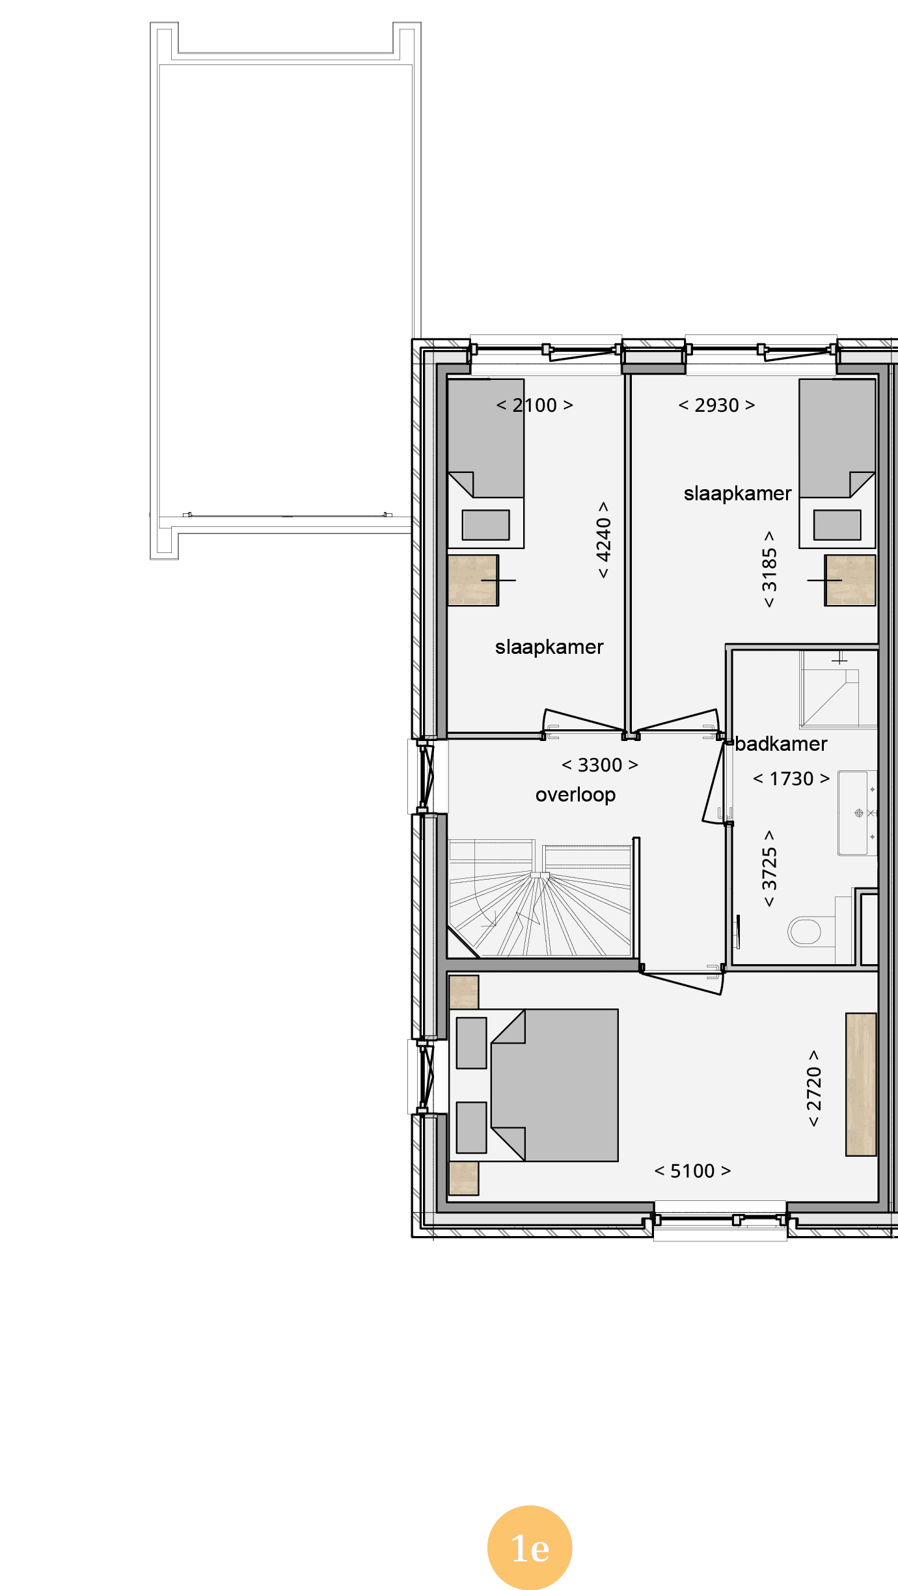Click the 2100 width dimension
[x=534, y=405]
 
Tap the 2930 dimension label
[x=716, y=405]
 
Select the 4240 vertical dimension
[x=604, y=539]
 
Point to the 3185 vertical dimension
[x=769, y=569]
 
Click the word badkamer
[x=781, y=744]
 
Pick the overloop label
[x=575, y=794]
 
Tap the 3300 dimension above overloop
[x=599, y=765]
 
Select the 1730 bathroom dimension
[x=791, y=779]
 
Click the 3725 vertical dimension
[x=769, y=869]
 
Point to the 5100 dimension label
[x=692, y=1171]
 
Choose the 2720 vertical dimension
[x=814, y=1088]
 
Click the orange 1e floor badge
[x=530, y=1548]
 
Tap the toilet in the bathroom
[x=811, y=931]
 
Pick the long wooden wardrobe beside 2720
[x=861, y=1085]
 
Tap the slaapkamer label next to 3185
[x=737, y=494]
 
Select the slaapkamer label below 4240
[x=549, y=647]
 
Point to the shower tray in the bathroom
[x=839, y=690]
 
